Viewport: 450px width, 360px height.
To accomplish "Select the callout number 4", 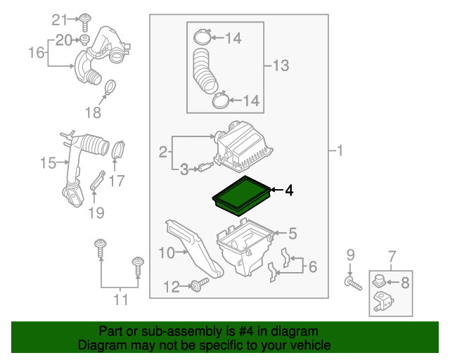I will tap(288, 190).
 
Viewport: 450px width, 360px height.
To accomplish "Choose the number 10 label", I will tap(166, 252).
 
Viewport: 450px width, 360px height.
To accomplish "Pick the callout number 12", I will tap(172, 286).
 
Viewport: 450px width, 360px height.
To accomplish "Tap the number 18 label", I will tap(93, 112).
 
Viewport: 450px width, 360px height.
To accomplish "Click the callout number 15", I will tap(48, 164).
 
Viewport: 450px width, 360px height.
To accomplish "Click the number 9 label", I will tap(350, 254).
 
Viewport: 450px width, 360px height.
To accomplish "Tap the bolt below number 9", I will tap(352, 283).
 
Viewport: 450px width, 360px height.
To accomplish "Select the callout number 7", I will tap(392, 254).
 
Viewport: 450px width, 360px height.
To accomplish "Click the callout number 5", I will tap(292, 233).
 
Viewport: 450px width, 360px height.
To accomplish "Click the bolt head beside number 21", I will tap(84, 18).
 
